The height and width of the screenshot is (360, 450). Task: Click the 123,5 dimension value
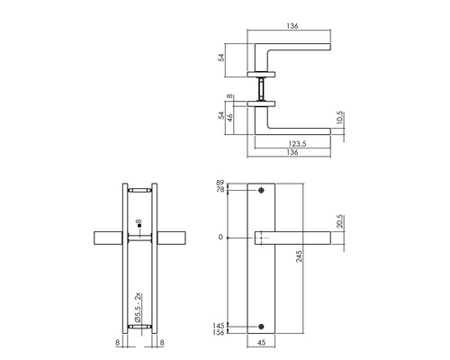pyautogui.click(x=290, y=142)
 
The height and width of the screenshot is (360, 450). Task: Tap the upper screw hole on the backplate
pyautogui.click(x=261, y=191)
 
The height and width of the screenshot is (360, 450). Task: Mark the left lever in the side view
pyautogui.click(x=109, y=238)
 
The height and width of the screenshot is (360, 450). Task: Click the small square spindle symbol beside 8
pyautogui.click(x=132, y=221)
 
